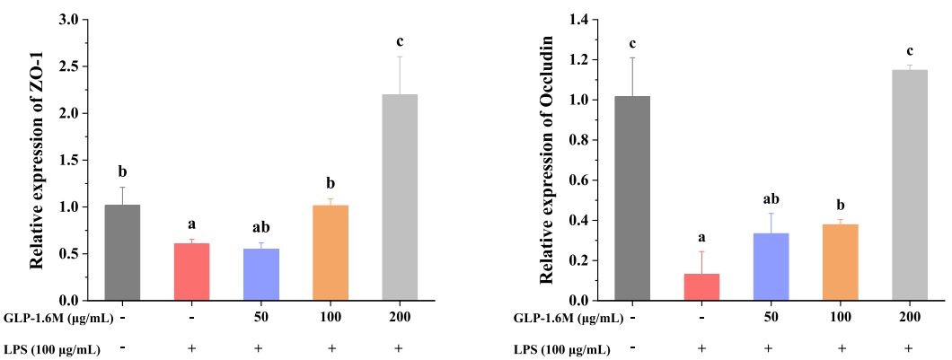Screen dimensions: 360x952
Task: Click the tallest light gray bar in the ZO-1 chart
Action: (x=400, y=198)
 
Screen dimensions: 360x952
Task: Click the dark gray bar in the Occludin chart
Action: (x=632, y=198)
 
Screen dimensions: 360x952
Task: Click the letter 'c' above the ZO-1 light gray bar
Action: (x=400, y=40)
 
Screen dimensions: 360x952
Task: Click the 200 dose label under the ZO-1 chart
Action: (x=400, y=318)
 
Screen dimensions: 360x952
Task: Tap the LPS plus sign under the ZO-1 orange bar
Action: (x=331, y=348)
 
